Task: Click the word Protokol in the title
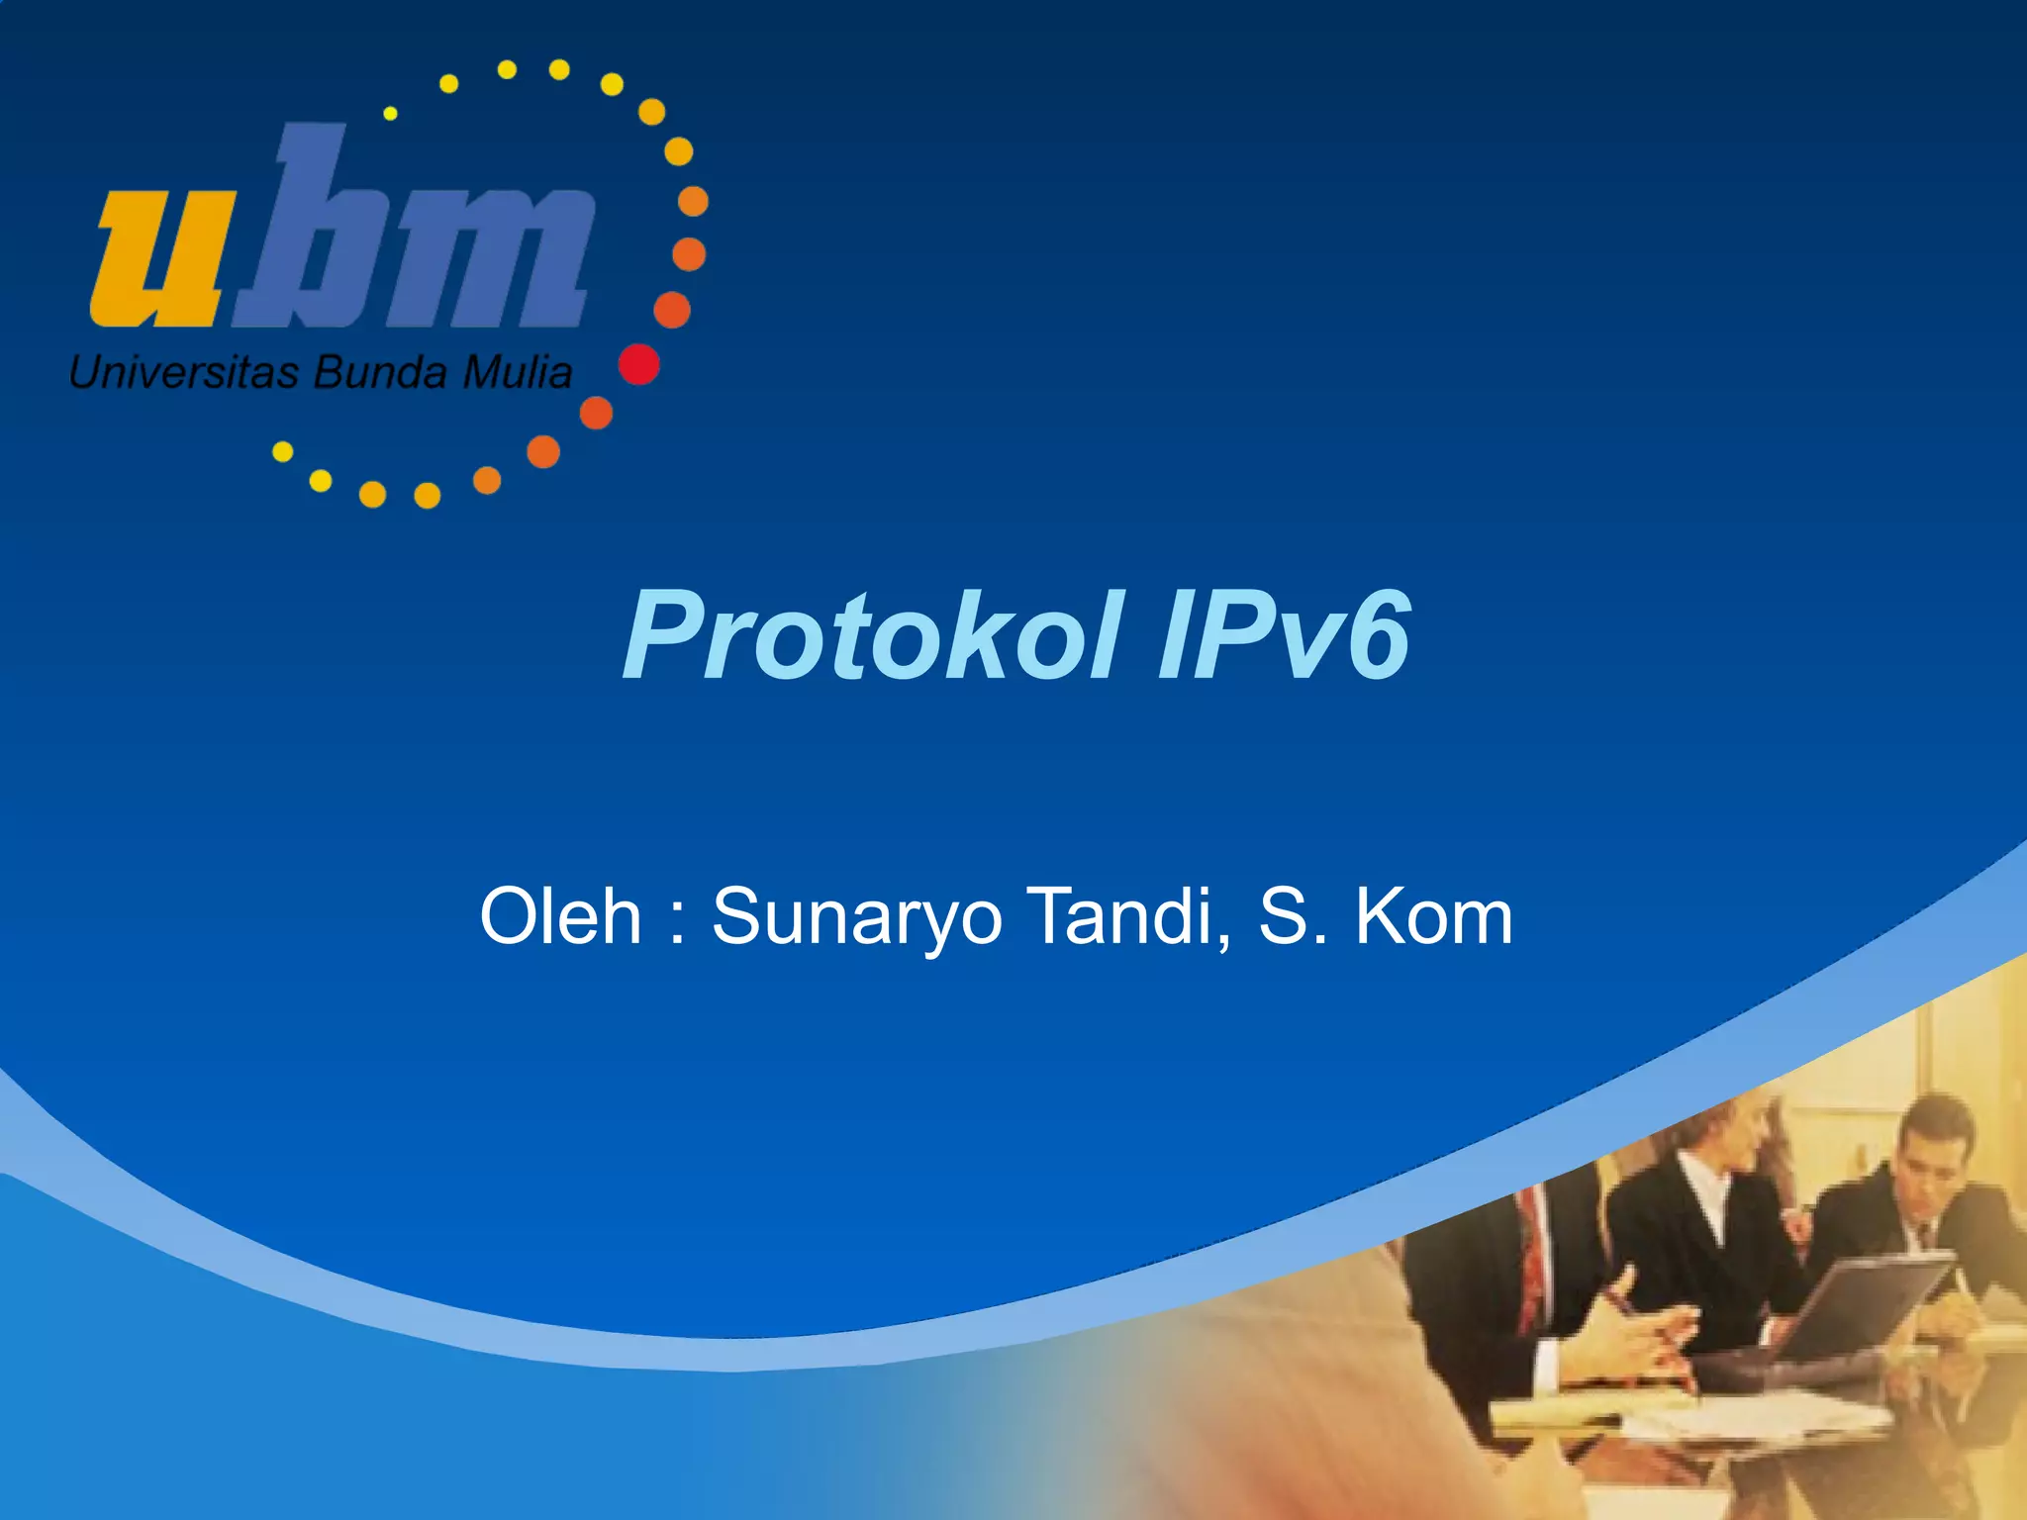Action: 871,636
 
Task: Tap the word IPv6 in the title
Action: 1284,636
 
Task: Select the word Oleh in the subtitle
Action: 560,916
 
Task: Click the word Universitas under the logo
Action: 183,373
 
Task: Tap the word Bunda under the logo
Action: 380,373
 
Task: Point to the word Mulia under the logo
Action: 517,373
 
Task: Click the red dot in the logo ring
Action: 638,364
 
